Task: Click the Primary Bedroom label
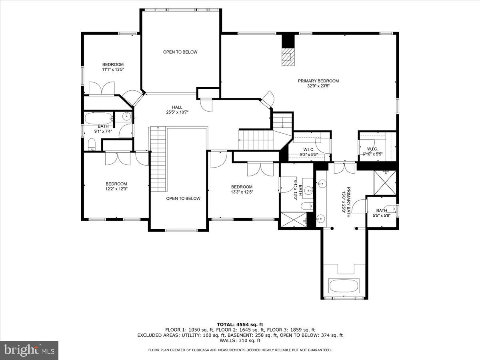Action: tap(318, 81)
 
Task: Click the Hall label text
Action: tap(177, 107)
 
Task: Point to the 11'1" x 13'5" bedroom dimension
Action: tap(113, 70)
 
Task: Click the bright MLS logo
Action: tap(29, 350)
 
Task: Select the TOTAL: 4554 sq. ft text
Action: tap(240, 324)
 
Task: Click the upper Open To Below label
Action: tap(180, 52)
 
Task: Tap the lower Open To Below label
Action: tap(183, 198)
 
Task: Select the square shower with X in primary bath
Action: tap(385, 182)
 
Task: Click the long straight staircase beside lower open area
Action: tap(158, 160)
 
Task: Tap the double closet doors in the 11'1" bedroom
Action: tap(101, 89)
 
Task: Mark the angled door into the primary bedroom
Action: tap(267, 99)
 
